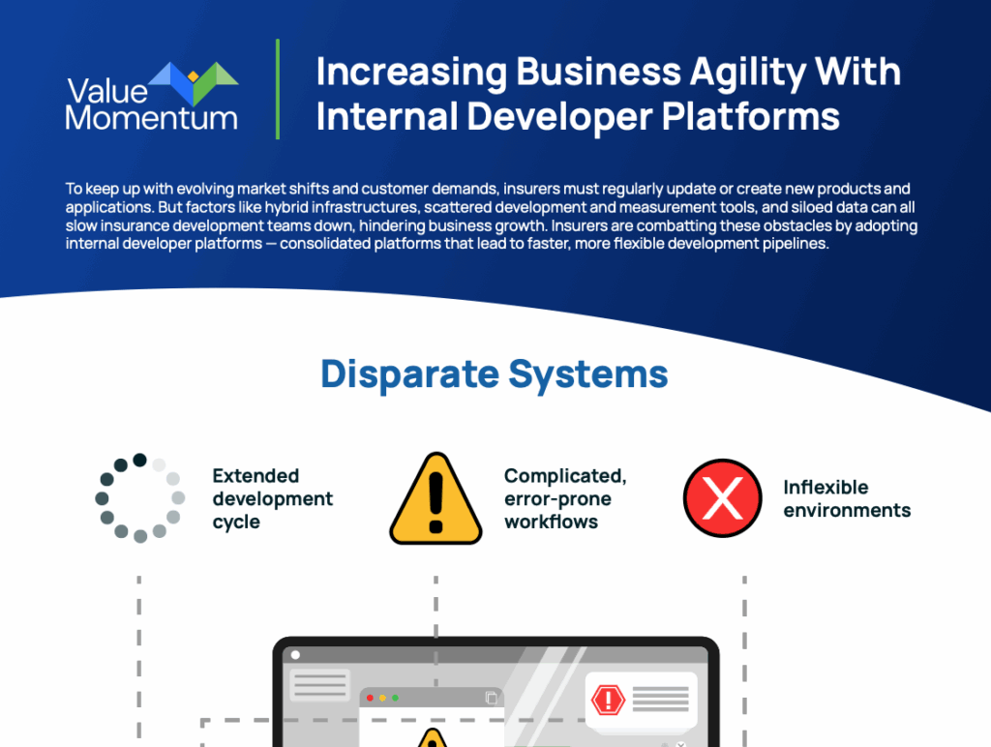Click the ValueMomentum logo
[152, 96]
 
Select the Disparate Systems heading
[495, 374]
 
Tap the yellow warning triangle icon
[435, 498]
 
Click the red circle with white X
[722, 498]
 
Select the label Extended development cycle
[272, 498]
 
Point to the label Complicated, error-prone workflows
[565, 498]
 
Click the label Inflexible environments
[847, 498]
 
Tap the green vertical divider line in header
[278, 89]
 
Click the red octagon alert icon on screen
[608, 699]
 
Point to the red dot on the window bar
[370, 698]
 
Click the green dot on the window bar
[395, 698]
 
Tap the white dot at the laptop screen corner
[295, 655]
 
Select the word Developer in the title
[559, 117]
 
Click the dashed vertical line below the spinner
[139, 661]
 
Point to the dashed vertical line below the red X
[744, 661]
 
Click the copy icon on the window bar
[491, 698]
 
